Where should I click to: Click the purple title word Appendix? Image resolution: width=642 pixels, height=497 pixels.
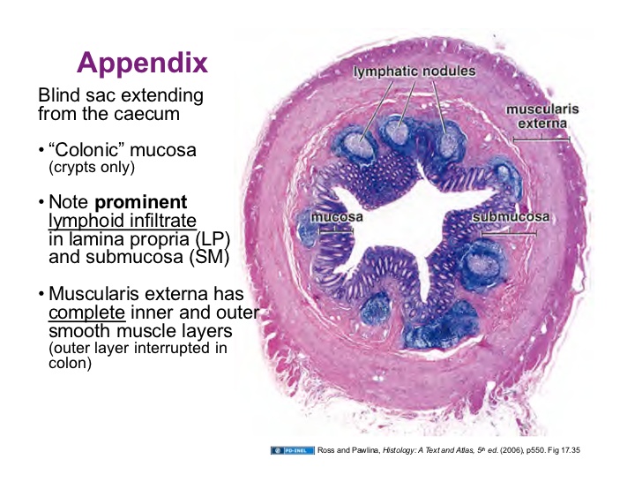pyautogui.click(x=142, y=63)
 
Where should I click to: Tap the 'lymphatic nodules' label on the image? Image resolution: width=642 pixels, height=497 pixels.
pyautogui.click(x=414, y=71)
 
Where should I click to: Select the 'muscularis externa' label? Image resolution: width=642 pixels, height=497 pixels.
pyautogui.click(x=541, y=117)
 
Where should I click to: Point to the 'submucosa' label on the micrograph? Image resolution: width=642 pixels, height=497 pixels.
pyautogui.click(x=511, y=216)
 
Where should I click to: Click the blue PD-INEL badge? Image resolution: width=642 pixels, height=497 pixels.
pyautogui.click(x=292, y=450)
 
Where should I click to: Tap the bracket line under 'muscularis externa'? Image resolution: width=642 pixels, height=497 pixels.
pyautogui.click(x=541, y=139)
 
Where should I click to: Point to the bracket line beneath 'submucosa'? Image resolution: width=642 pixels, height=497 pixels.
pyautogui.click(x=509, y=233)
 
